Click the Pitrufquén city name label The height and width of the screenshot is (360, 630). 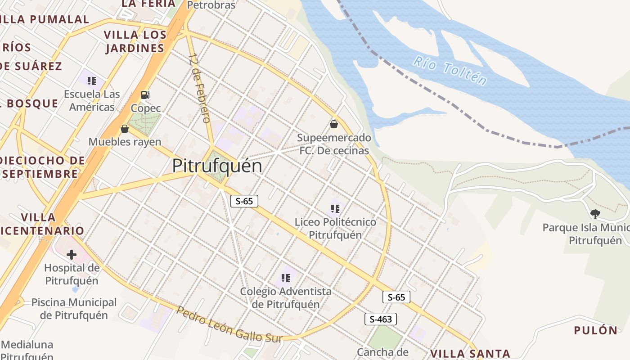click(x=217, y=166)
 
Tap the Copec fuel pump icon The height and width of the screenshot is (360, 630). click(x=145, y=94)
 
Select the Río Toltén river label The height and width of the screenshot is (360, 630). click(x=450, y=71)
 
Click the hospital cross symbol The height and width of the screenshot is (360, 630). click(x=72, y=255)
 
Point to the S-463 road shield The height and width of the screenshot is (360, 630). click(x=381, y=319)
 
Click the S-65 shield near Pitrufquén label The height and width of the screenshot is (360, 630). click(x=244, y=201)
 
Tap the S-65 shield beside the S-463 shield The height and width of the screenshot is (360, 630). click(x=396, y=297)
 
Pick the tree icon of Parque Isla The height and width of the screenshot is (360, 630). click(x=595, y=214)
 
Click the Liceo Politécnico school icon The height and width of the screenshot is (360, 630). click(x=335, y=208)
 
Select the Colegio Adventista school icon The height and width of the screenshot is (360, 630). click(x=285, y=278)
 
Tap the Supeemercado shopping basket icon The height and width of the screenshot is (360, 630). click(x=334, y=124)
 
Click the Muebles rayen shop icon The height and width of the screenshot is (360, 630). click(x=125, y=129)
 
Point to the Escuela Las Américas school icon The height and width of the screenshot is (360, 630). click(x=92, y=81)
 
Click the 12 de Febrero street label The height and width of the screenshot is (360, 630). click(x=199, y=88)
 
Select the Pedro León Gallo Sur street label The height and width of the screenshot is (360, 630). click(x=229, y=325)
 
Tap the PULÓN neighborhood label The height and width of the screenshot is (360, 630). click(x=595, y=330)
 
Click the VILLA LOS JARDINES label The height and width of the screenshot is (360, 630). click(x=135, y=41)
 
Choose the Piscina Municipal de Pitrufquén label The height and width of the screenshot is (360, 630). click(x=74, y=309)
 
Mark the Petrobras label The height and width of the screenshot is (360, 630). click(x=211, y=5)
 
